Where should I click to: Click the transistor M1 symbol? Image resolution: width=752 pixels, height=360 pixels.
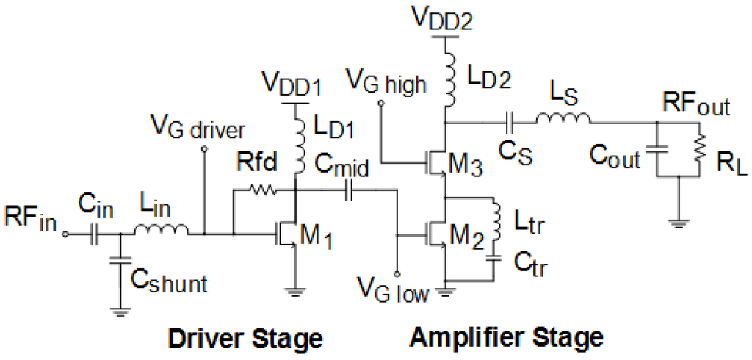289,235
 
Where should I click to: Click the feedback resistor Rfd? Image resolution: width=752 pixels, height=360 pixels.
261,190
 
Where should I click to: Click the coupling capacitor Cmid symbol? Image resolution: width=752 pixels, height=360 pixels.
349,191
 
